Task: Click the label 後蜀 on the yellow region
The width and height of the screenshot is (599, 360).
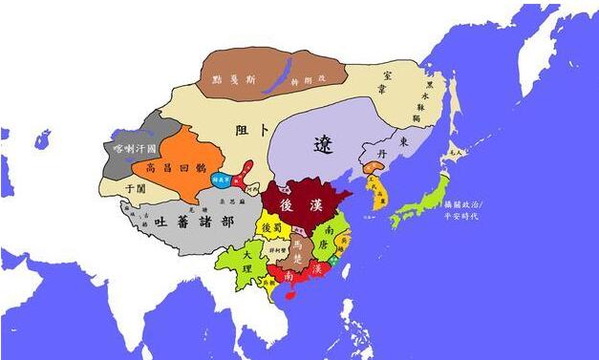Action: coord(271,229)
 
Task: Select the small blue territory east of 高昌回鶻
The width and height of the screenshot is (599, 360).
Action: coord(221,180)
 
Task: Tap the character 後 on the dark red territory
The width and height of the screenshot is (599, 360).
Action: coord(286,202)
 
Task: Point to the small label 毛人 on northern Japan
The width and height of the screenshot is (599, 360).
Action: coord(457,151)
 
